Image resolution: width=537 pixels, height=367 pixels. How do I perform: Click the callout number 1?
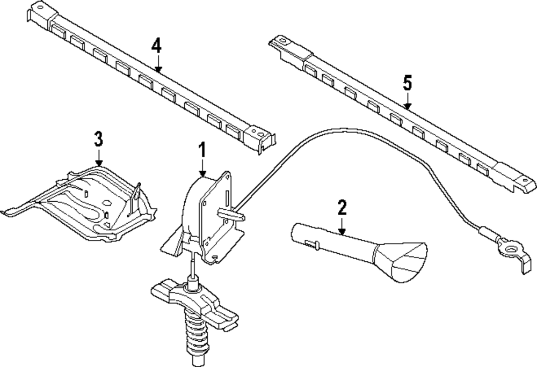click(x=202, y=149)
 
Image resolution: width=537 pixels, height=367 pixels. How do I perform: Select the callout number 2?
click(x=342, y=207)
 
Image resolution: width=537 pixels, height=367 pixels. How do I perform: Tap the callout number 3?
click(x=98, y=138)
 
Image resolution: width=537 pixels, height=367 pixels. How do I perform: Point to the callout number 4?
click(x=156, y=45)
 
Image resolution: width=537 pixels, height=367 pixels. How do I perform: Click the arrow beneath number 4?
click(x=157, y=63)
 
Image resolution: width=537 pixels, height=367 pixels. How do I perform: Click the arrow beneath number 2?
click(x=342, y=225)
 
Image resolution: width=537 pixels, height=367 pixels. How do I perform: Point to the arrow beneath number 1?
click(x=202, y=167)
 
